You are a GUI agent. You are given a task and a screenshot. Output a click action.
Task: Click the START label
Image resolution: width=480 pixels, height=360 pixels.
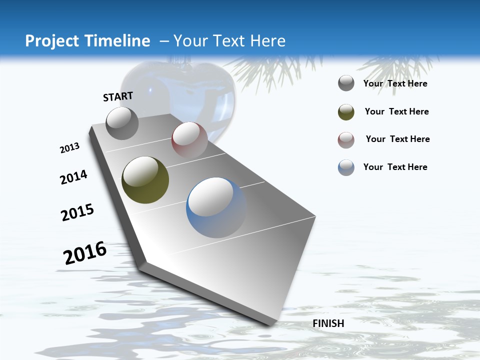tap(118, 96)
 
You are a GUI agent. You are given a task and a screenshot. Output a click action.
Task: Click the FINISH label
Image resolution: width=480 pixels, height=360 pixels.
tap(328, 323)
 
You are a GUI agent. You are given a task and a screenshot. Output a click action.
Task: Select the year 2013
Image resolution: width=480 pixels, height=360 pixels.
tap(69, 148)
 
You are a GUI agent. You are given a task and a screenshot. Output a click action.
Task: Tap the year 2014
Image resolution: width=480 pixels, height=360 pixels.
tap(73, 177)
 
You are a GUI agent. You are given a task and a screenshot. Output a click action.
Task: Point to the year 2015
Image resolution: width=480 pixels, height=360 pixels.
tap(77, 212)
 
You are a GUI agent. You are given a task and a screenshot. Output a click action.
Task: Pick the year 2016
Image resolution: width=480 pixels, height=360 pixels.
tap(85, 253)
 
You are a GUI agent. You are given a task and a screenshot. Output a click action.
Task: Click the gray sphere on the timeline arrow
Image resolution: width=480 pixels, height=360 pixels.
tap(122, 123)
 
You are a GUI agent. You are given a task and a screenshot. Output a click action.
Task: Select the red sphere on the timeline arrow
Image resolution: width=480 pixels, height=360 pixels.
tap(189, 139)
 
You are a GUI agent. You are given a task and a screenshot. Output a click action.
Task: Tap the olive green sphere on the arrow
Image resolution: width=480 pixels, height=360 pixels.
tap(145, 180)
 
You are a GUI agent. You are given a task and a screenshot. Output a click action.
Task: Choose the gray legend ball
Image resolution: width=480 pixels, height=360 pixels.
tap(346, 83)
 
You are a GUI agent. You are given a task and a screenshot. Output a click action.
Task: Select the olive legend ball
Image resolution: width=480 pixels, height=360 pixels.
tap(346, 112)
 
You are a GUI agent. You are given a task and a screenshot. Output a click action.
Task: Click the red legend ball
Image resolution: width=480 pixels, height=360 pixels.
tap(346, 140)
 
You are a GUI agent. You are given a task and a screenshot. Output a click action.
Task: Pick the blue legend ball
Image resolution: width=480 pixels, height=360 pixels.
tap(346, 167)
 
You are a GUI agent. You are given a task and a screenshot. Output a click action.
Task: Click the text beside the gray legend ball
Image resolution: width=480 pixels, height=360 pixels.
tap(395, 83)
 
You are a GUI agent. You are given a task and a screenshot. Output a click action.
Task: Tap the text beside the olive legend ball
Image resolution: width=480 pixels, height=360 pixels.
tap(397, 111)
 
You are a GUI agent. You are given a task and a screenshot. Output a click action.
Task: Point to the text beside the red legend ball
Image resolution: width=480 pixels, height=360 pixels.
tap(398, 139)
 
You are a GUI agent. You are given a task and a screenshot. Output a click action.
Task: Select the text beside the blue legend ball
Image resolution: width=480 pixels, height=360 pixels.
tap(395, 167)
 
